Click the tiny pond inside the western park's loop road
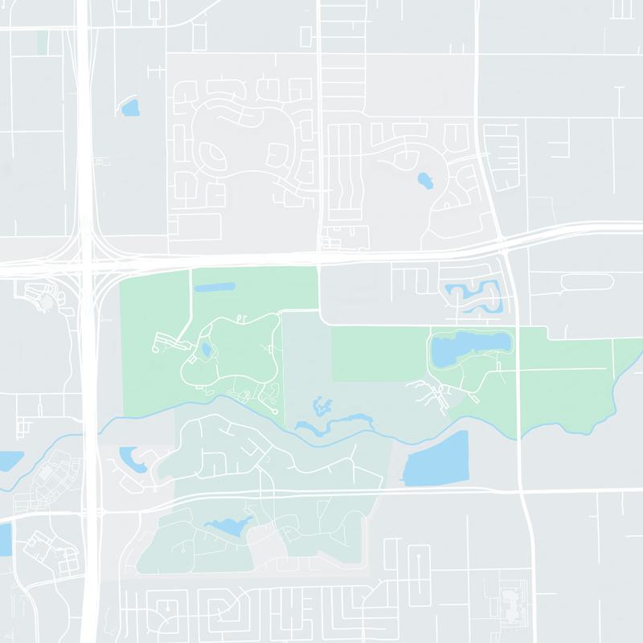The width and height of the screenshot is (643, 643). tap(206, 350)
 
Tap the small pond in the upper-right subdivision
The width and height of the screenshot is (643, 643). tap(425, 180)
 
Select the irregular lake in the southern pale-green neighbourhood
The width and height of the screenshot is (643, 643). tap(229, 526)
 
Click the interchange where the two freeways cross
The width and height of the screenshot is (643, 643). tap(90, 259)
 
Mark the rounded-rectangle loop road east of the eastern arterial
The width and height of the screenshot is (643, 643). tap(587, 282)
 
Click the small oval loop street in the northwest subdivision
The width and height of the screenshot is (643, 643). tap(211, 153)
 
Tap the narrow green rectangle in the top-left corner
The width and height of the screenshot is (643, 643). tap(42, 42)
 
